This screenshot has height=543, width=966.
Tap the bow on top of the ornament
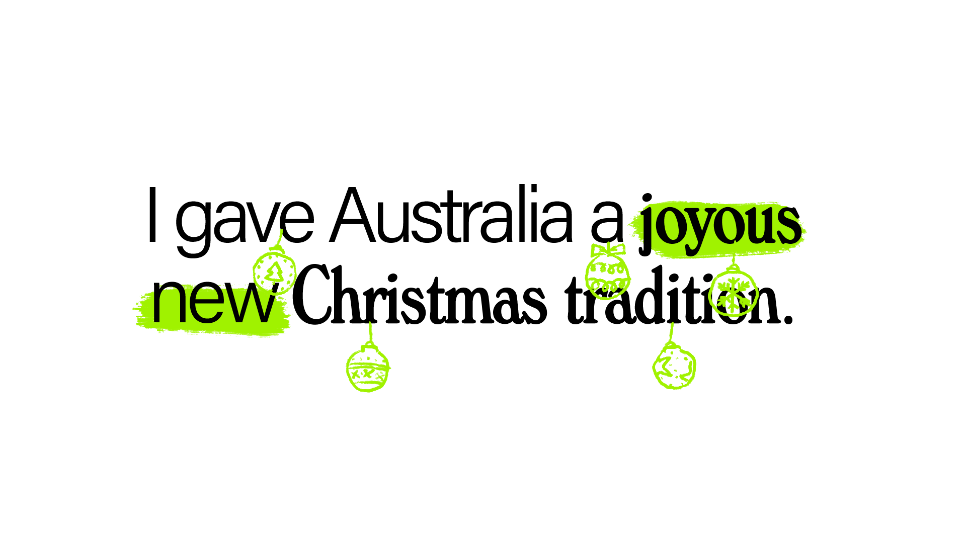[608, 249]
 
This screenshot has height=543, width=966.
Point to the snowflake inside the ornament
[734, 294]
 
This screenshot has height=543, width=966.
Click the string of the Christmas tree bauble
[280, 237]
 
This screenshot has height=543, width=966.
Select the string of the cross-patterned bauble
[370, 332]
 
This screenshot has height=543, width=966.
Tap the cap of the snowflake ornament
[733, 267]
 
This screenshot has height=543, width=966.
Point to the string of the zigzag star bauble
[672, 332]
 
